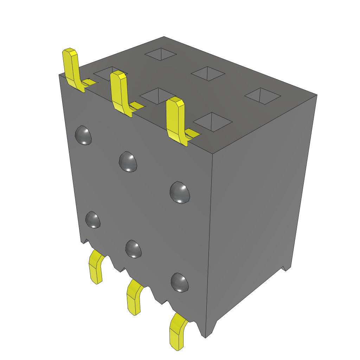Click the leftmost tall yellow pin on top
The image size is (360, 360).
[71, 67]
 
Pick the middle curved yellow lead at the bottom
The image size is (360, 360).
[134, 297]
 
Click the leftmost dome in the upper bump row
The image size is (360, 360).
[84, 135]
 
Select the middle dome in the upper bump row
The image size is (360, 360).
[128, 161]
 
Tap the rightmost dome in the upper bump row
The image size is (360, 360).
[180, 192]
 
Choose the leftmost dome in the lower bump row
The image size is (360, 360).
[93, 220]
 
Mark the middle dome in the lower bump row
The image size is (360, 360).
[134, 249]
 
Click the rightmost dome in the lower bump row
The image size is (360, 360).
[180, 282]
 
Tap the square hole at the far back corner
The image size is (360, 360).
[161, 54]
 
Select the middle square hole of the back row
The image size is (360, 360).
[208, 73]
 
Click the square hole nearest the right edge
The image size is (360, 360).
[263, 96]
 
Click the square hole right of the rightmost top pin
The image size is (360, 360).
[213, 122]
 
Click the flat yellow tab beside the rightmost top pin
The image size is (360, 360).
[193, 133]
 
